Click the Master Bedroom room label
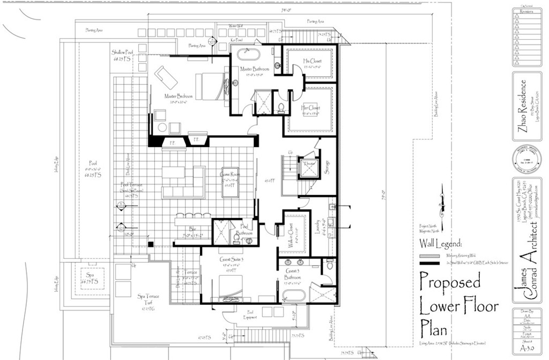click(x=179, y=96)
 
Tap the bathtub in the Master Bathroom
click(x=250, y=54)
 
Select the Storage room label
click(x=327, y=167)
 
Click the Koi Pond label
click(x=236, y=40)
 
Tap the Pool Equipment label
click(x=250, y=315)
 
